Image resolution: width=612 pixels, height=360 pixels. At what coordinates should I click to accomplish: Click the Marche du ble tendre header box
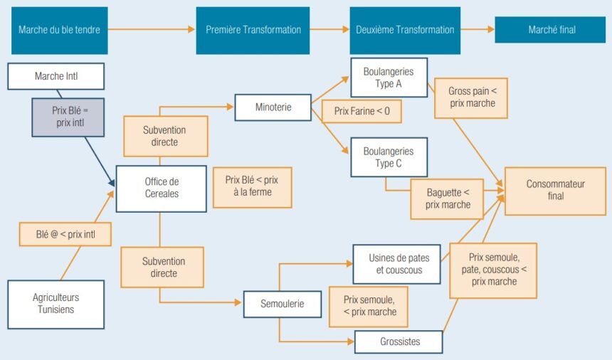click(x=59, y=30)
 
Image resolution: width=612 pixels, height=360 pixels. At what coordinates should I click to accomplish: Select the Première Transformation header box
click(x=253, y=30)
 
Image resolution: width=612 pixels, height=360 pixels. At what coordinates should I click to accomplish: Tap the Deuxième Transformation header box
click(x=405, y=30)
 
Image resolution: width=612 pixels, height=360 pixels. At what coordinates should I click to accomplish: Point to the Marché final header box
click(x=552, y=30)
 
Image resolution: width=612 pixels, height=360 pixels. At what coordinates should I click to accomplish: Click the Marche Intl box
click(x=56, y=76)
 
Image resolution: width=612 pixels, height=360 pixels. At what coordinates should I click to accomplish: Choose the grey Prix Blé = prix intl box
click(x=68, y=117)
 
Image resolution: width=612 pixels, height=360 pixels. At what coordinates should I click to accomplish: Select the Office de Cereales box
click(x=161, y=188)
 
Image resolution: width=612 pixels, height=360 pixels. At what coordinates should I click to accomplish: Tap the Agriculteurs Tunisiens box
click(x=56, y=304)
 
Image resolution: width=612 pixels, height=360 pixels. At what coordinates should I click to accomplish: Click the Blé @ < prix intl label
click(x=65, y=233)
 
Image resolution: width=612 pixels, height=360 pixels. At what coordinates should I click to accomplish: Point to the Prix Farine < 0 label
click(x=362, y=112)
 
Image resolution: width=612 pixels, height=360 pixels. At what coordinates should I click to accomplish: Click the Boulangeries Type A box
click(x=388, y=78)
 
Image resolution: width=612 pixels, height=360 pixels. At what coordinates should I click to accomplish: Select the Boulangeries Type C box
click(x=388, y=157)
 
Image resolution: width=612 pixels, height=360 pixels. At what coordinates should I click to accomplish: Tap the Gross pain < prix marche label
click(x=471, y=97)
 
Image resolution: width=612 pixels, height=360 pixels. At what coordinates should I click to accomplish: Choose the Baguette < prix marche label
click(x=448, y=198)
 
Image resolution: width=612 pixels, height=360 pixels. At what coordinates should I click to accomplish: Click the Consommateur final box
click(x=555, y=189)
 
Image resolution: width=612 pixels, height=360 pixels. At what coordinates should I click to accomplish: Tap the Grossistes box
click(x=398, y=342)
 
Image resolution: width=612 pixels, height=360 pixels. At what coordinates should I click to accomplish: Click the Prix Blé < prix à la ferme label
click(x=252, y=187)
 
